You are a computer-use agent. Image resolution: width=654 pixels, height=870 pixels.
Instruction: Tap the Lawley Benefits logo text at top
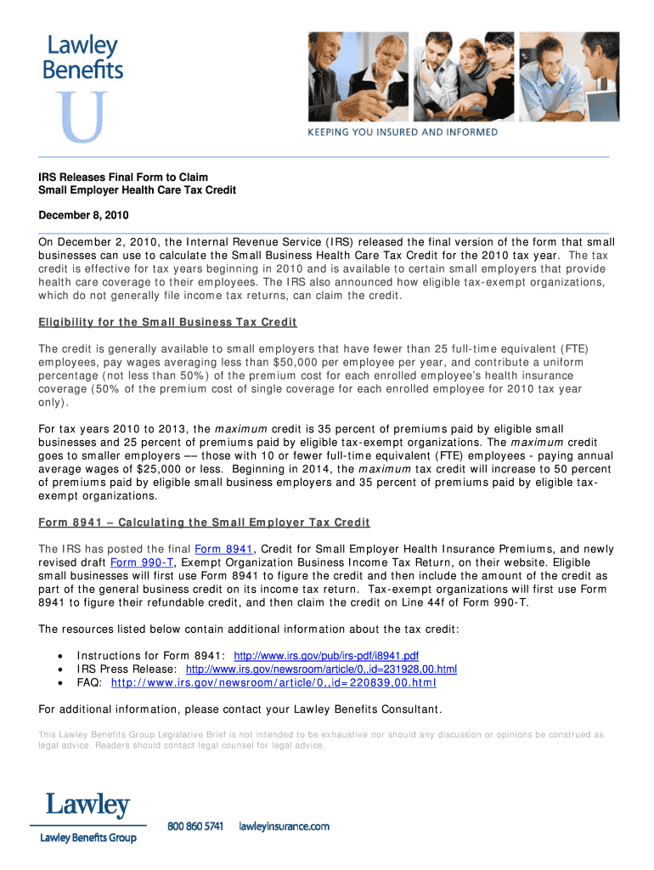pos(82,58)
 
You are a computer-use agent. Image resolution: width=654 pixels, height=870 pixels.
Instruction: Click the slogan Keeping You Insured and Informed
pos(403,133)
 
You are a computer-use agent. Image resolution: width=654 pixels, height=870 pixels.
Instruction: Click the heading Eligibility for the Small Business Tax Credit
pos(167,322)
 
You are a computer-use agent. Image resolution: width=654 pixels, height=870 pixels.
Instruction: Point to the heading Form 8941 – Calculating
pos(204,522)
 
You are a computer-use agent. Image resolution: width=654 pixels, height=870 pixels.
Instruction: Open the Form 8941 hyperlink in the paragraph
pos(224,548)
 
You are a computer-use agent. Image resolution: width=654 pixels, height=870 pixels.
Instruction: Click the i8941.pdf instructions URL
pos(326,656)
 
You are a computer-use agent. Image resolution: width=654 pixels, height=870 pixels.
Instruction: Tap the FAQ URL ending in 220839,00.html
pos(273,683)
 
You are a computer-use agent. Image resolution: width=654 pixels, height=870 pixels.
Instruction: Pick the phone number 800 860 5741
pos(195,826)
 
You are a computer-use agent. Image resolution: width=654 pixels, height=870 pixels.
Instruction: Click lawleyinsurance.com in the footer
pos(284,826)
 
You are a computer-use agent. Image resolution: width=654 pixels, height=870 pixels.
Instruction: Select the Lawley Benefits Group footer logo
pos(87,816)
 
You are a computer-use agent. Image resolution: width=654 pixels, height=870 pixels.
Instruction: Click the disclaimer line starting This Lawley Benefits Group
pos(321,734)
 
